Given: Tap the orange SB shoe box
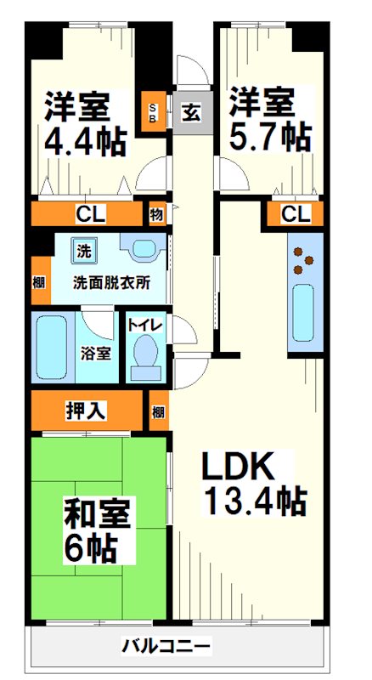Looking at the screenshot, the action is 154,112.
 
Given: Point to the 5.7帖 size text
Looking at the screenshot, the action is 270,137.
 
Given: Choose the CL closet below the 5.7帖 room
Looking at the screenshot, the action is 296,213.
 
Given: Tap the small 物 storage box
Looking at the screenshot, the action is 157,214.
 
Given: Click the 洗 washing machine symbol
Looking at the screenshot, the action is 84,252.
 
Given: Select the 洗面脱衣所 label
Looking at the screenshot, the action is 111,283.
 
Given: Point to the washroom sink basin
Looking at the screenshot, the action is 144,249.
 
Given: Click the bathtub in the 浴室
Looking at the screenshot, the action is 52,347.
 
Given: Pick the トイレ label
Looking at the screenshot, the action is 145,324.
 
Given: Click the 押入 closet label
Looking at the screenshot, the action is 86,411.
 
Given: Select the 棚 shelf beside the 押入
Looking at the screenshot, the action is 159,411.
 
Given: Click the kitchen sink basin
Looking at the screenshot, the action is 302,312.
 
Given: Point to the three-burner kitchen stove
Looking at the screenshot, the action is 304,261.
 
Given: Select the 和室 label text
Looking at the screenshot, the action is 97,513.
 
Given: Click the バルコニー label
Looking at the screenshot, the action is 166,647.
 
